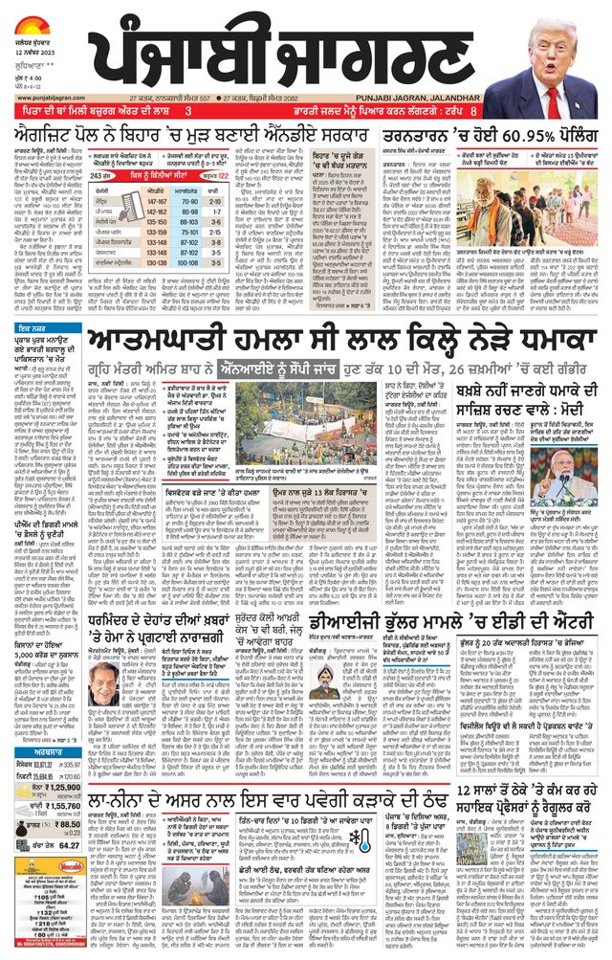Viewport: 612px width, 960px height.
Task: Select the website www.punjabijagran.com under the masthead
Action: click(43, 97)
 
